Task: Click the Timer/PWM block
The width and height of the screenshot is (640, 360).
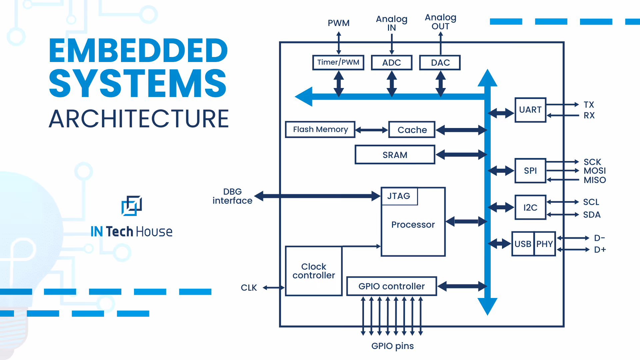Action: pos(338,62)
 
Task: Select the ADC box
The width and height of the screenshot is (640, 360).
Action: pos(391,63)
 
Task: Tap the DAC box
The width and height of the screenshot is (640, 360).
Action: pos(440,63)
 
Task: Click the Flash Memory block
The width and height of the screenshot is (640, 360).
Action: pos(320,129)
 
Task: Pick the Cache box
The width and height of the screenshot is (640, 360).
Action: pos(412,130)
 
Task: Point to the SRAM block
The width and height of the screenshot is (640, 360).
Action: pos(395,155)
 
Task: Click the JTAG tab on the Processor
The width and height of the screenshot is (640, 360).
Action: pos(399,196)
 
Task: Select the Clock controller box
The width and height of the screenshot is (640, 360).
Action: pos(314,271)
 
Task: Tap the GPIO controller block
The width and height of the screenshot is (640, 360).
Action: pos(391,286)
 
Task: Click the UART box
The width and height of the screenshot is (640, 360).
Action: pos(530,110)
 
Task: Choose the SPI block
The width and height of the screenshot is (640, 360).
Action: pos(530,171)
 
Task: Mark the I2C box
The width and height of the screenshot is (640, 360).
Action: pos(530,207)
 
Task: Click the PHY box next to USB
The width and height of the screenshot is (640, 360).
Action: pos(545,244)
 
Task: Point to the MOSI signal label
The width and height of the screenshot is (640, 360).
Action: pos(594,171)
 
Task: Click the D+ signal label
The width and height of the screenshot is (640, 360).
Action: pos(600,250)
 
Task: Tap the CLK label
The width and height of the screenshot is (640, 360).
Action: pos(249,288)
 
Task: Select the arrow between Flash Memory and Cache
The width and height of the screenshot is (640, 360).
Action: pos(372,130)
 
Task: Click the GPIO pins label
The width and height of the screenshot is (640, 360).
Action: pos(392,346)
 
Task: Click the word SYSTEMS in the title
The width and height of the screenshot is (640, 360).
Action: pos(138,83)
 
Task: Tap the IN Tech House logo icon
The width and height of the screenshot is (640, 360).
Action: pos(132,205)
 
